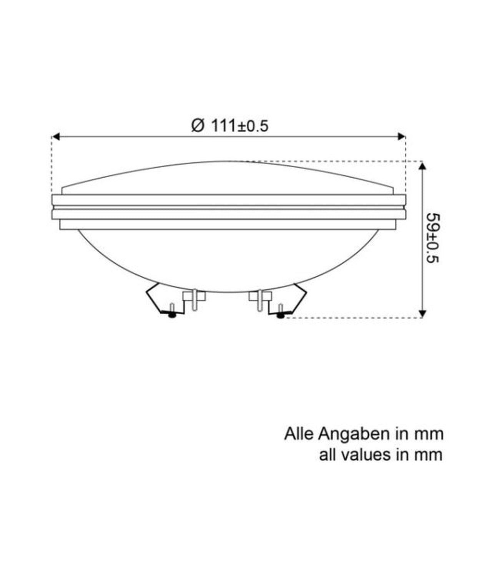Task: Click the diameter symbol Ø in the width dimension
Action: (x=198, y=126)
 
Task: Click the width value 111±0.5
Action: (x=240, y=126)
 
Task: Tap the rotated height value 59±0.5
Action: (x=433, y=238)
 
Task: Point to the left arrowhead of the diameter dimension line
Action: (x=56, y=137)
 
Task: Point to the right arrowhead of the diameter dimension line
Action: (x=402, y=137)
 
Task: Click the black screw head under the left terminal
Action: (x=172, y=315)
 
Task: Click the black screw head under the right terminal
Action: (x=280, y=315)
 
